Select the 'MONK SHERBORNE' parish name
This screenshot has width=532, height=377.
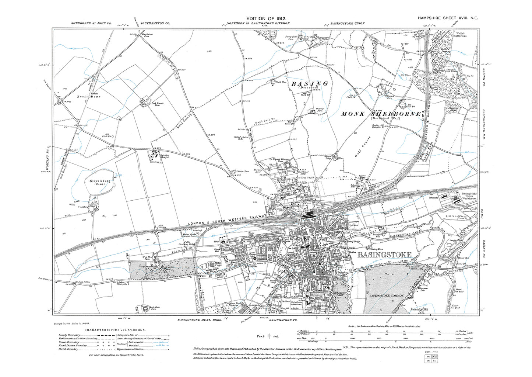tap(381, 114)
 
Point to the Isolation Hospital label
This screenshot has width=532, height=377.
tap(164, 156)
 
